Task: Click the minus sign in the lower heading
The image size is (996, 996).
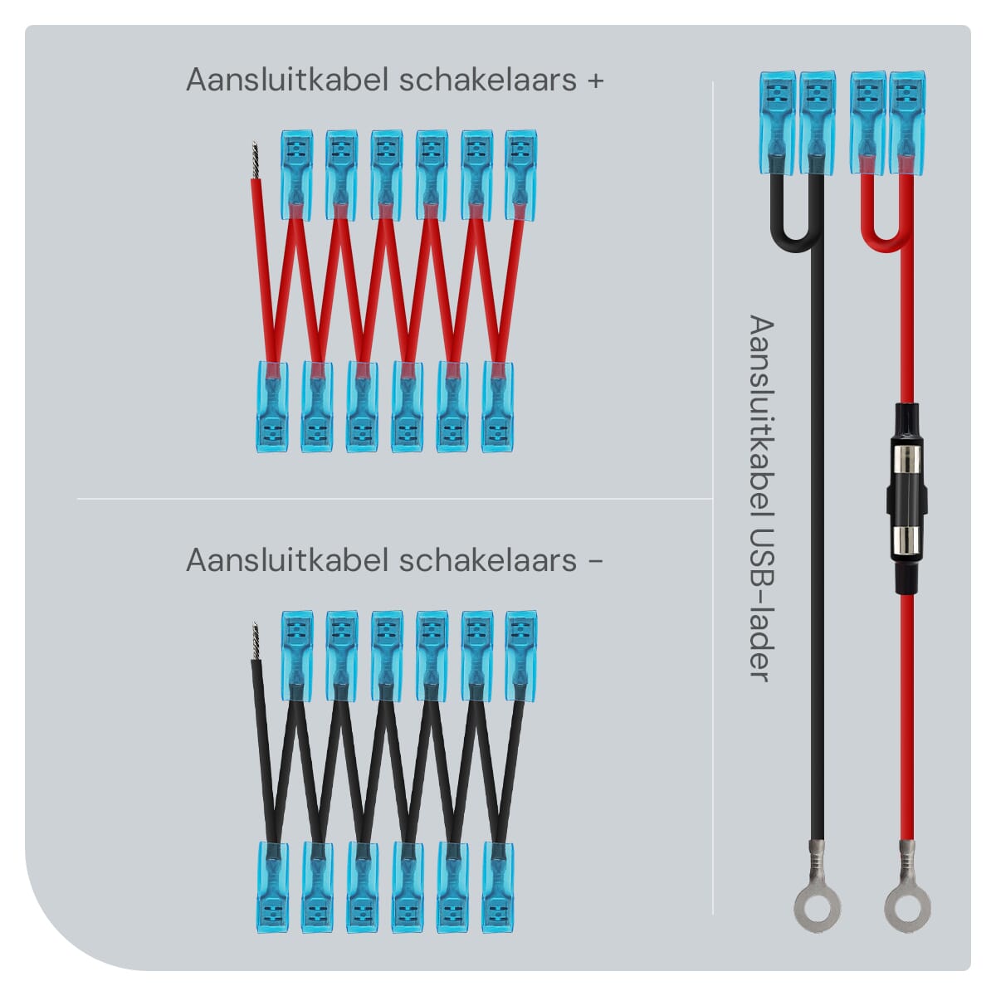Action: (x=594, y=560)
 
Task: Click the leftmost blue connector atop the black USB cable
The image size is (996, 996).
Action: (x=777, y=122)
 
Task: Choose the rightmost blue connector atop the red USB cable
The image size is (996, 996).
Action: (x=906, y=122)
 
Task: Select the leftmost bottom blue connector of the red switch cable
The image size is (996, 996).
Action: (x=272, y=407)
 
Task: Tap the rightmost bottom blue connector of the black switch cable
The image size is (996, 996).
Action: (x=497, y=886)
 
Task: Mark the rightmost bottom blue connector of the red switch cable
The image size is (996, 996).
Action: (x=497, y=407)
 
